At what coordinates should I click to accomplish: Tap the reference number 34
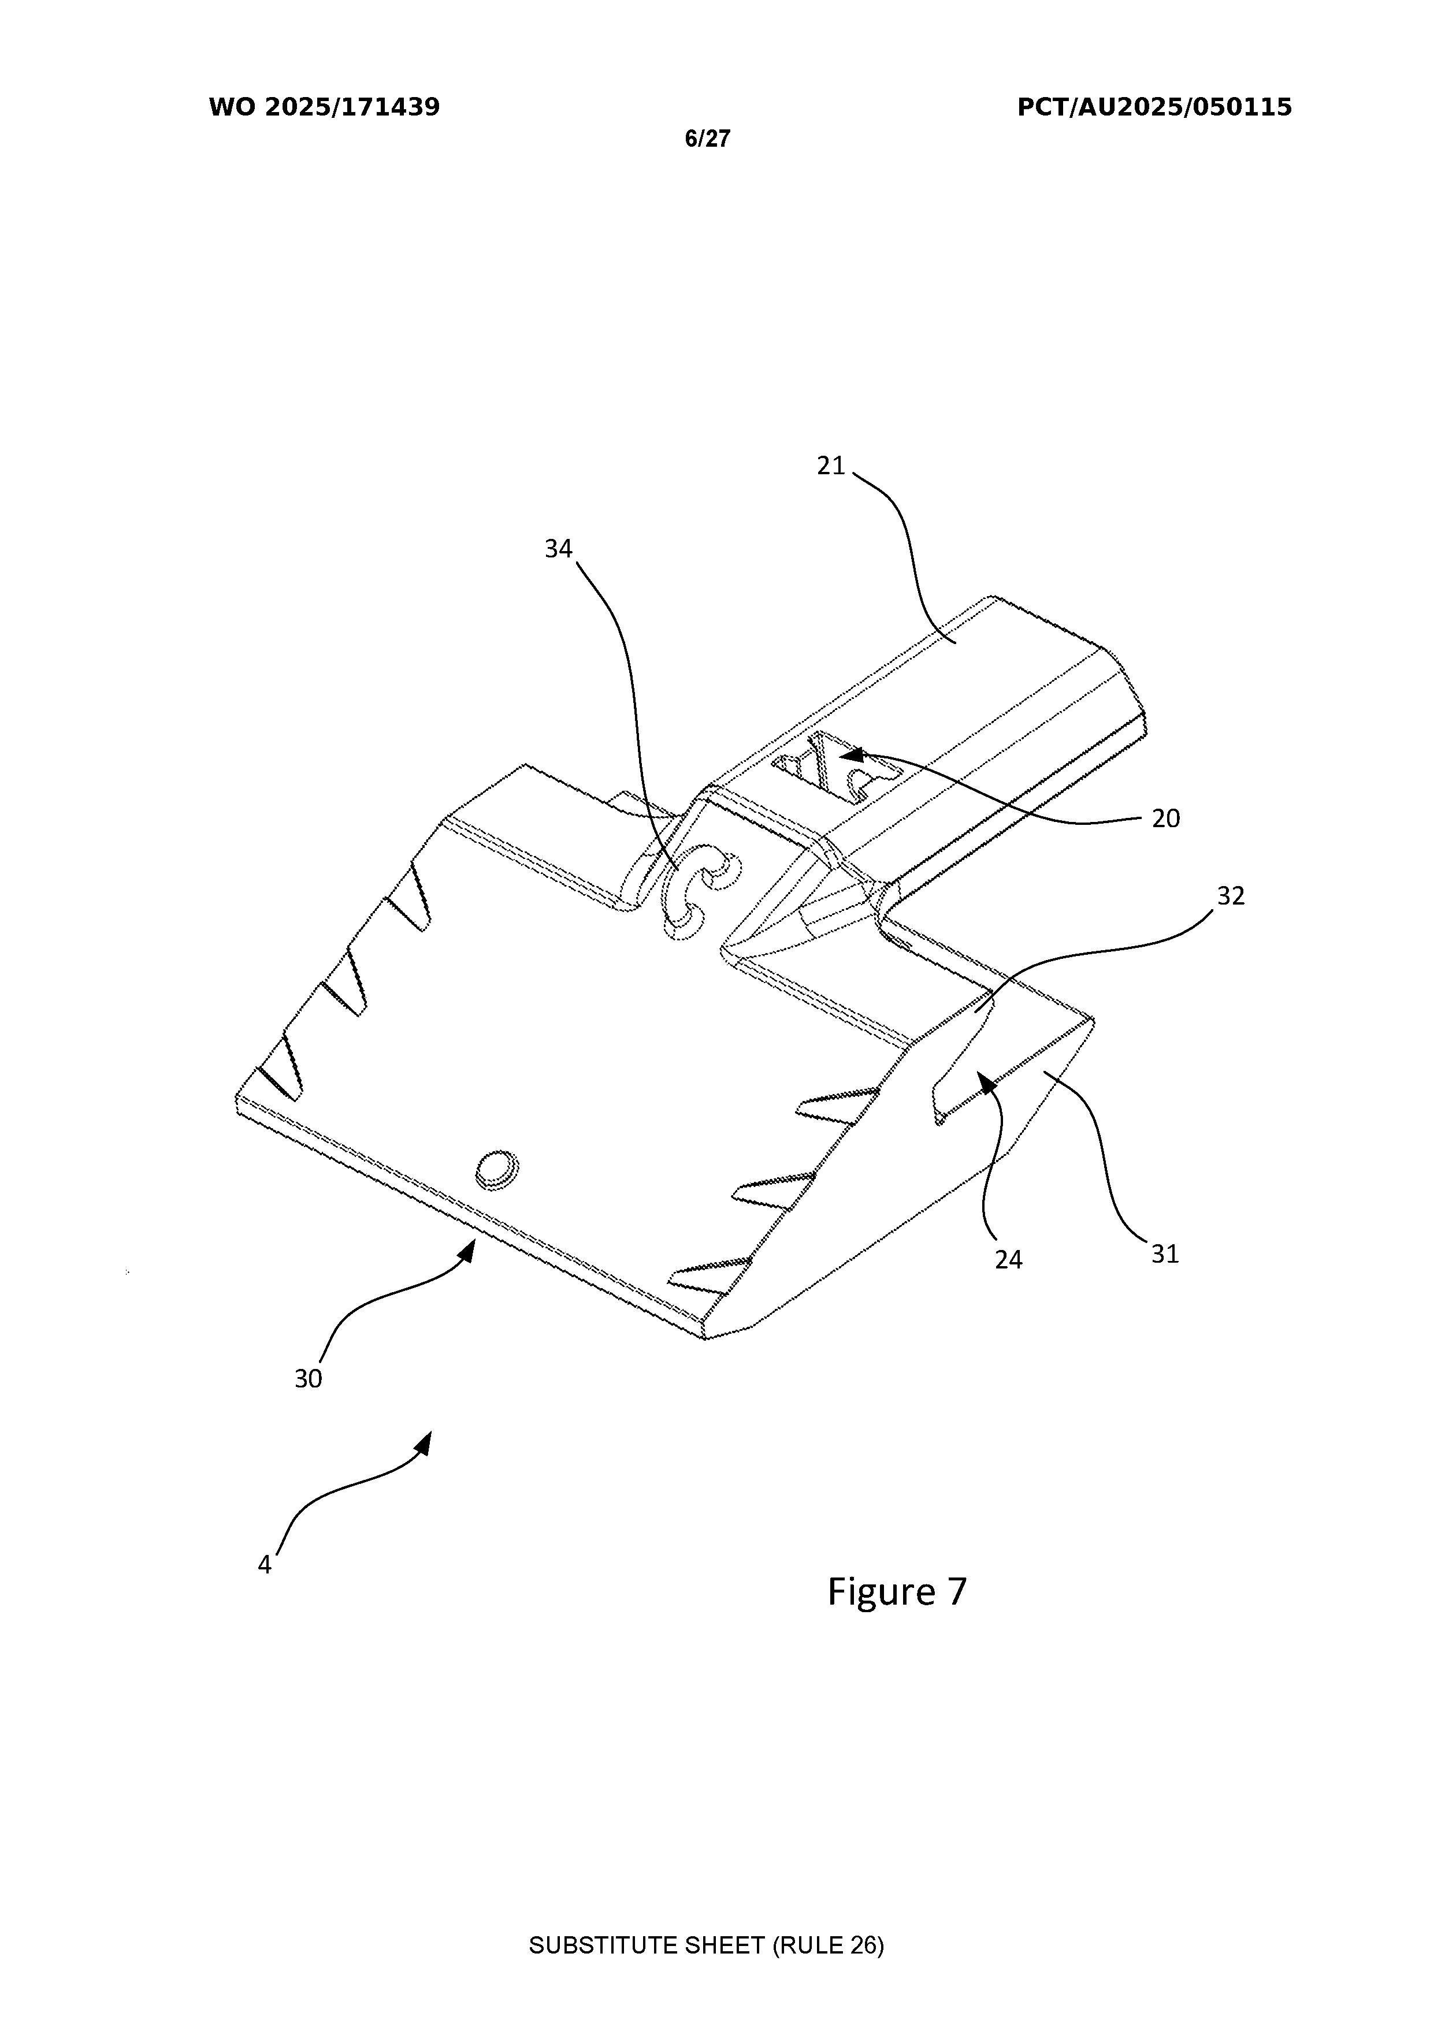coord(558,549)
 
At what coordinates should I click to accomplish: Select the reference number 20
coord(1165,819)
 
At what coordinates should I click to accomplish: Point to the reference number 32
coord(1230,896)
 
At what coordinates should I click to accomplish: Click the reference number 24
coord(1009,1260)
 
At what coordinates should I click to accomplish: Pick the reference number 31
coord(1165,1253)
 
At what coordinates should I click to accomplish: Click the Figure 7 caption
coord(897,1592)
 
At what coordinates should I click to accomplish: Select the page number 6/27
coord(708,139)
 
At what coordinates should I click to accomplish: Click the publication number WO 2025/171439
coord(325,107)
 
